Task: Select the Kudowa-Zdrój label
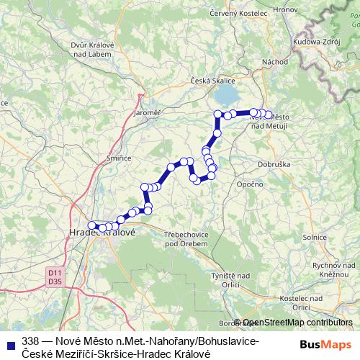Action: (315, 42)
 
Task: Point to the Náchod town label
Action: (274, 62)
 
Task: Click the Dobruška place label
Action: (261, 163)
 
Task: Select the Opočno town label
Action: (248, 184)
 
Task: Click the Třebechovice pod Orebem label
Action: (186, 239)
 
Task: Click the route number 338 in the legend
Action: (30, 340)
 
